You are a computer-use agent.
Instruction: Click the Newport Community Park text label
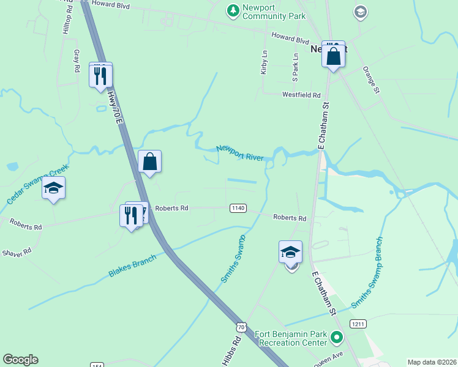(x=274, y=12)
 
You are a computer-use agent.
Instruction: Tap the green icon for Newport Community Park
(x=233, y=10)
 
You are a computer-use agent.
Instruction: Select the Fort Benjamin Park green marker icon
(x=336, y=337)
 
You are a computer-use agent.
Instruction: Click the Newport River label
(x=240, y=152)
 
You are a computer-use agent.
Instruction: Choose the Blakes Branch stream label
(x=133, y=265)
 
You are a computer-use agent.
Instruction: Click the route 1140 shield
(x=238, y=209)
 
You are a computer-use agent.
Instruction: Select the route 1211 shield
(x=358, y=323)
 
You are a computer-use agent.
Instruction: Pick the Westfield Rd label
(x=301, y=95)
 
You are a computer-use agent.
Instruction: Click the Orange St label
(x=372, y=80)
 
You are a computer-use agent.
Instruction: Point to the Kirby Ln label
(x=265, y=62)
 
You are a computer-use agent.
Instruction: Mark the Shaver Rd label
(x=16, y=253)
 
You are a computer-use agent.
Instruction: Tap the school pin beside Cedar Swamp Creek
(x=54, y=189)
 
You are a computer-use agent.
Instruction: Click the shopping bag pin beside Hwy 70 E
(x=149, y=163)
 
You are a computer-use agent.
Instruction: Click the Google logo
(x=20, y=360)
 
